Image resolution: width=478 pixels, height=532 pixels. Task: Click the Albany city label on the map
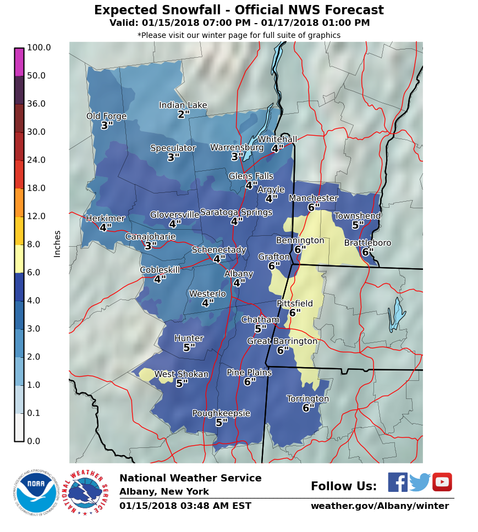click(239, 274)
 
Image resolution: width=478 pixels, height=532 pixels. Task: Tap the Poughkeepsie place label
click(221, 413)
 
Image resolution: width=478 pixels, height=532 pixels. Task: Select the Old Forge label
click(106, 117)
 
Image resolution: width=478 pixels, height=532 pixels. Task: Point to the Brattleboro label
click(367, 243)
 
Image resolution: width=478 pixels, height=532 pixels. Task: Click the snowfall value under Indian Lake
click(183, 115)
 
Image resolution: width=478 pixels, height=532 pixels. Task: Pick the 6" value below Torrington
click(308, 408)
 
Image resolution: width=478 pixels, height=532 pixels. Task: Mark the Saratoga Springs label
click(236, 212)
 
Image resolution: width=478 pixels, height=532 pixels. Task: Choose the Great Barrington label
click(282, 341)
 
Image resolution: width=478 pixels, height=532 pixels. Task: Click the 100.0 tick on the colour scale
click(39, 48)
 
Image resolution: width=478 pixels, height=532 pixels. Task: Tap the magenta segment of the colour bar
click(19, 62)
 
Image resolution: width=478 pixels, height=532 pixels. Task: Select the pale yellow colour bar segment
click(19, 258)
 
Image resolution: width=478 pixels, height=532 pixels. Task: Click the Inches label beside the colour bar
click(57, 243)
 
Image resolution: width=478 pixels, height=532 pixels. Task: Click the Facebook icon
click(398, 482)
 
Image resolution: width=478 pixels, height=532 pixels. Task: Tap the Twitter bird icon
click(420, 482)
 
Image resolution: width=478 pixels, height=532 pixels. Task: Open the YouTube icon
click(442, 482)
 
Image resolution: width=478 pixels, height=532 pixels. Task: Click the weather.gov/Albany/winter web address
click(380, 506)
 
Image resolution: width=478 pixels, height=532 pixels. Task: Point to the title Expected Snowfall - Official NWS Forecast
click(239, 10)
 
